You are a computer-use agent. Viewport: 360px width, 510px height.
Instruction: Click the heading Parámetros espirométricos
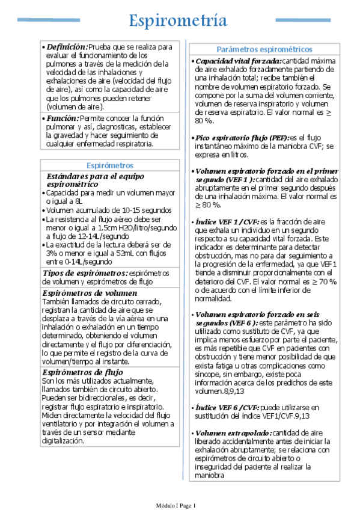[x=264, y=49]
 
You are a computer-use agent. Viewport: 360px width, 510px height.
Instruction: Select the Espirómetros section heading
[x=110, y=165]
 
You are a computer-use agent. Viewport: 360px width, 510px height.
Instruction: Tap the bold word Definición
[x=67, y=46]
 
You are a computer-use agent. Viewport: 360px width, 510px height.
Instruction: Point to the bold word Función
[x=63, y=118]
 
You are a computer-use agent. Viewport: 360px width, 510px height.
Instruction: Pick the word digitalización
[x=64, y=440]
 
